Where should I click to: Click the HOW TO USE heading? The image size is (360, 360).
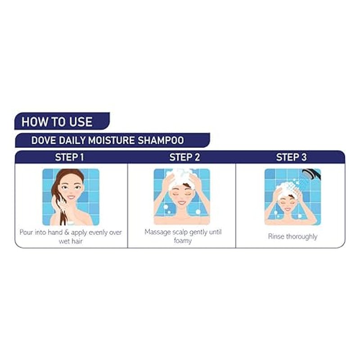57,121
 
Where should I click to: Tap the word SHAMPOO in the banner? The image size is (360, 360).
161,140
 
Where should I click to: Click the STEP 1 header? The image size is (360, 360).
69,157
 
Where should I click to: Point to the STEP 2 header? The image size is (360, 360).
184,157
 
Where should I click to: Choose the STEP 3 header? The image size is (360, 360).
291,157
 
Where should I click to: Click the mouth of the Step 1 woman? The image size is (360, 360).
71,197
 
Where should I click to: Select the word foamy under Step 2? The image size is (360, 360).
183,241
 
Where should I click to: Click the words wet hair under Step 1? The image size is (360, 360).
71,241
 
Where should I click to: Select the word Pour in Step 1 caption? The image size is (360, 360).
27,232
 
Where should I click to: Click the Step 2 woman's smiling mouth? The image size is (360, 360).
182,203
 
